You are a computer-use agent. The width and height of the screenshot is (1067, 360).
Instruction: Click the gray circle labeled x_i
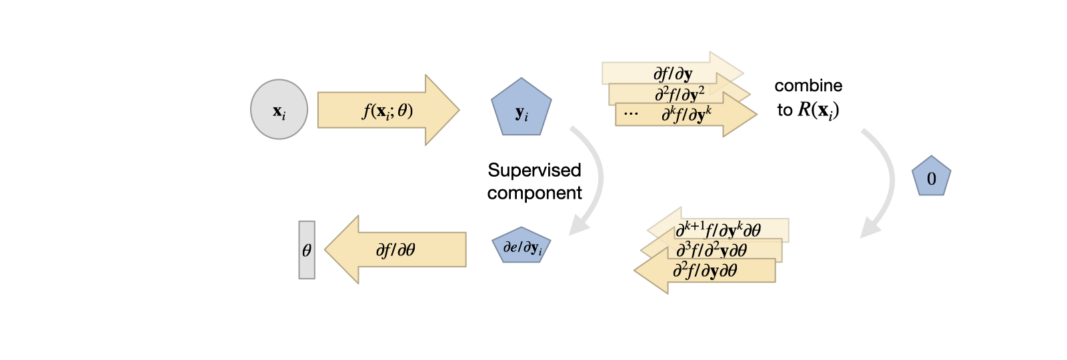(279, 109)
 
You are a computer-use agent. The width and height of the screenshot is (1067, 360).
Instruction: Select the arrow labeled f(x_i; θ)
(387, 110)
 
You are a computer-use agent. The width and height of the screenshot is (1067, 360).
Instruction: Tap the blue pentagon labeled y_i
(521, 109)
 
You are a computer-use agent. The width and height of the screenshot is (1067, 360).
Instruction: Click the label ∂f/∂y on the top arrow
(673, 73)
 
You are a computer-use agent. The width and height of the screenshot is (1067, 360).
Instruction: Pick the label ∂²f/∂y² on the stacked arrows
(680, 94)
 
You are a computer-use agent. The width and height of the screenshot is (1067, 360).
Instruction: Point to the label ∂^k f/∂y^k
(686, 115)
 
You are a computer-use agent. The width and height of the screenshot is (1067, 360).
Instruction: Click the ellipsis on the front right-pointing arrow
(631, 115)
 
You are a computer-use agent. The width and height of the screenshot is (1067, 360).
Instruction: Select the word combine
(808, 86)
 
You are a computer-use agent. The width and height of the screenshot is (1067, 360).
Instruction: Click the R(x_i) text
(818, 110)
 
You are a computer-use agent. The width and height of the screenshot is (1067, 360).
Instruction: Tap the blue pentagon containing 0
(931, 177)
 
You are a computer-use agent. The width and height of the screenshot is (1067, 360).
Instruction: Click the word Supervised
(534, 170)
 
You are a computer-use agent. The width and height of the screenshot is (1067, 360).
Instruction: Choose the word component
(534, 193)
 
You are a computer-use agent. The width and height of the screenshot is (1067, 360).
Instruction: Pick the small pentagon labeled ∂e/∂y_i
(521, 247)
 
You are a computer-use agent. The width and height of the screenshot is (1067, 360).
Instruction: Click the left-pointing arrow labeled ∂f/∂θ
(397, 250)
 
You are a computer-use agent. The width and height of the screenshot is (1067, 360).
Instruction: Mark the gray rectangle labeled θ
(307, 250)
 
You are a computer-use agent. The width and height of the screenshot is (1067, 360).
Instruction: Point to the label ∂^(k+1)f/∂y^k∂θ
(718, 230)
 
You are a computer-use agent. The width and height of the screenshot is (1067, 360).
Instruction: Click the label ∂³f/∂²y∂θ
(711, 250)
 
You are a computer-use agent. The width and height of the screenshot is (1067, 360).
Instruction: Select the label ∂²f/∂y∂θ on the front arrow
(705, 270)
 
